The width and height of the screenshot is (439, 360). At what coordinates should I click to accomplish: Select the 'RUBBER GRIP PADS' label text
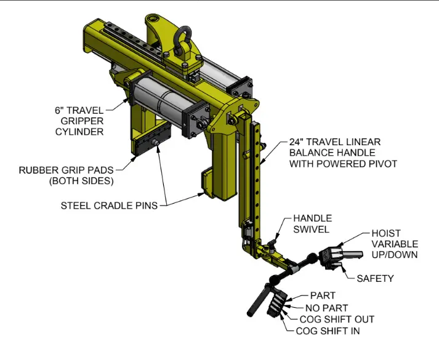pos(67,170)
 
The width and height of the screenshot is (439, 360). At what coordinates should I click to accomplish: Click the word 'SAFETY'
pos(375,278)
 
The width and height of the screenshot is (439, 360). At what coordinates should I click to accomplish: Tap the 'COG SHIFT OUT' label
pos(337,319)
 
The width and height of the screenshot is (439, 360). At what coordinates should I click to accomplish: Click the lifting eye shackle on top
pos(183,46)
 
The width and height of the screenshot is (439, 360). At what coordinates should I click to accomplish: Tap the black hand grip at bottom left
pos(257,300)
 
